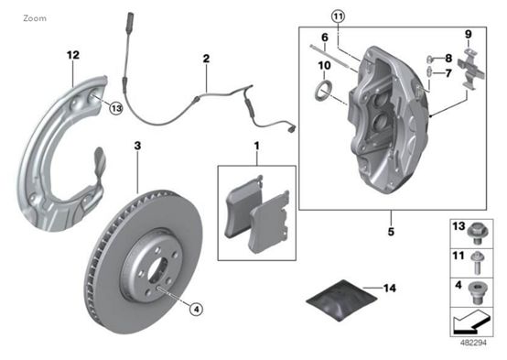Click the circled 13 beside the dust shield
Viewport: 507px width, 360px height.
coord(116,108)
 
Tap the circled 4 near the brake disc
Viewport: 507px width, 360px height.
coord(196,310)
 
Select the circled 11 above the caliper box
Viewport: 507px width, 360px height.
coord(339,16)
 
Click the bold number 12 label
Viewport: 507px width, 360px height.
coord(73,55)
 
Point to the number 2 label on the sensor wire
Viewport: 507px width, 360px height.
coord(206,59)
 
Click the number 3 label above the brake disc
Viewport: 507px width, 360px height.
coord(138,146)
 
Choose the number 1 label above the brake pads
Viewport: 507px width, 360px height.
coord(257,147)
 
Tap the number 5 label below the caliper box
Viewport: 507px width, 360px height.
coord(391,232)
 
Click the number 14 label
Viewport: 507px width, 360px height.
coord(390,289)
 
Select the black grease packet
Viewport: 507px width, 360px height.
coord(341,300)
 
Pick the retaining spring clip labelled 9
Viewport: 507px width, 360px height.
coord(471,69)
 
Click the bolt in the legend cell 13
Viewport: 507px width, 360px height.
coord(477,233)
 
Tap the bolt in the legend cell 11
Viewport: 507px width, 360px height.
coord(478,263)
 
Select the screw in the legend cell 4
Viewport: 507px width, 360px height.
coord(476,292)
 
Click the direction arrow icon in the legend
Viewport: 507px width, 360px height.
coord(471,322)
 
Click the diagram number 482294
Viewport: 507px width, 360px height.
coord(473,343)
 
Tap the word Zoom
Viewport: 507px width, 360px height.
coord(35,18)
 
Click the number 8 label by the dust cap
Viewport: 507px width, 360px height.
coord(448,59)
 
